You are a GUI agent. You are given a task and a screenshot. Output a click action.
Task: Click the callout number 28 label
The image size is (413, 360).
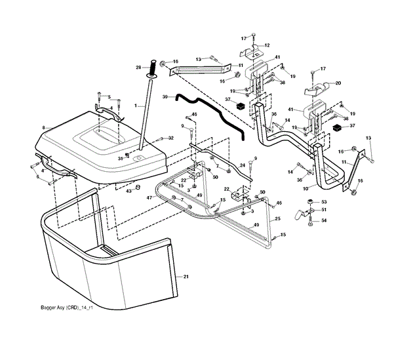[x=138, y=67]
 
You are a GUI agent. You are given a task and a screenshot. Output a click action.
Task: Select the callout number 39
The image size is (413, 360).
[x=165, y=96]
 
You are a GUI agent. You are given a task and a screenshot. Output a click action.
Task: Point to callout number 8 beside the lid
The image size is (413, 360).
[x=43, y=127]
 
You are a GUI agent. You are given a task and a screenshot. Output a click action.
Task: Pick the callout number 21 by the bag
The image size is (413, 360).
[x=186, y=278]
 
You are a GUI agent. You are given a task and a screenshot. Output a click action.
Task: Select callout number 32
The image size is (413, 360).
[x=170, y=138]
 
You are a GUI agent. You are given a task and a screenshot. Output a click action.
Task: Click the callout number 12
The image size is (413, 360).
[x=267, y=45]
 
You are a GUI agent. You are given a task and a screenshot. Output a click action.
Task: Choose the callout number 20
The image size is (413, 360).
[x=338, y=83]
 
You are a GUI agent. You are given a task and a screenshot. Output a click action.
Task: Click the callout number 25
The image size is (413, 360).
[x=278, y=218]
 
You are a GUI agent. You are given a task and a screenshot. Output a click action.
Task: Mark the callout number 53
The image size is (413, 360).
[x=324, y=201]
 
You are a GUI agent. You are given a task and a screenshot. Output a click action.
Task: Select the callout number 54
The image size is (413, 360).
[x=324, y=220]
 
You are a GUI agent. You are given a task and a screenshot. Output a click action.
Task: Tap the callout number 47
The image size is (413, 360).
[x=149, y=197]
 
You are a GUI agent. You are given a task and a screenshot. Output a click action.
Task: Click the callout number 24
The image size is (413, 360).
[x=241, y=165]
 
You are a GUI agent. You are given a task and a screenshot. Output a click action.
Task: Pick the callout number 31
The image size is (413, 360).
[x=120, y=158]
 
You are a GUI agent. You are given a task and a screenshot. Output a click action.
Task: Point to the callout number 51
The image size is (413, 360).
[x=324, y=210]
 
